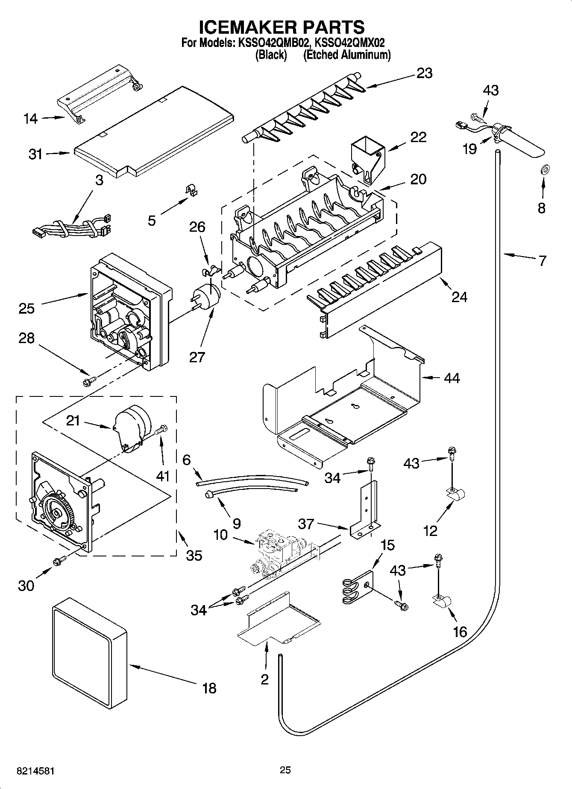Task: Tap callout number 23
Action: pyautogui.click(x=424, y=73)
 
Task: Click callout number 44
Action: pyautogui.click(x=452, y=378)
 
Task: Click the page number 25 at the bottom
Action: pyautogui.click(x=285, y=770)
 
